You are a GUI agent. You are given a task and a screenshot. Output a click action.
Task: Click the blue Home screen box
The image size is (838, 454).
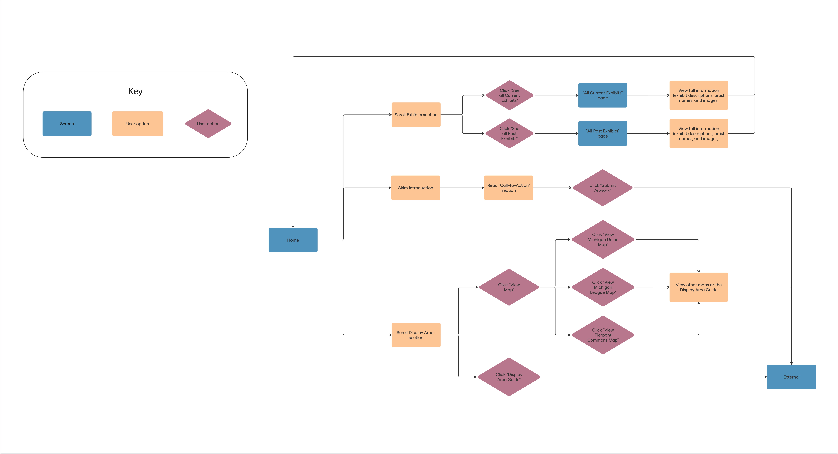coord(293,240)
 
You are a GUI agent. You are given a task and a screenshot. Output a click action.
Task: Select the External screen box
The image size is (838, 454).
coord(791,377)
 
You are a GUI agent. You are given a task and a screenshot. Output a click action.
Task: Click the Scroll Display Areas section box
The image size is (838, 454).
coord(416,335)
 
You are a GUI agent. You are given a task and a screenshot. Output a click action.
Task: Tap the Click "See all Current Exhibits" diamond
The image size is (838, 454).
coord(509,95)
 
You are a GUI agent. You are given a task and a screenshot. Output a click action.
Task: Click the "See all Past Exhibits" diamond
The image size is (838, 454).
coord(509,133)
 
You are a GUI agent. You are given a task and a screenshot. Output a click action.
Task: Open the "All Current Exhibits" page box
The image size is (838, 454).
coord(602,95)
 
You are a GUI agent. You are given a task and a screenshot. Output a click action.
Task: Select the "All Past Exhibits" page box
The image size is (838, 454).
coord(602,133)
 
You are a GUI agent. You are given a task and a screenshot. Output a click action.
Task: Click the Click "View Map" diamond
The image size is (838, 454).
coord(509,287)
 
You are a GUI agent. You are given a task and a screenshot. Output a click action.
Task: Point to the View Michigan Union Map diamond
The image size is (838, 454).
coord(603,239)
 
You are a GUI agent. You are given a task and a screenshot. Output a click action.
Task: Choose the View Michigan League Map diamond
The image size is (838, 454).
coord(603,287)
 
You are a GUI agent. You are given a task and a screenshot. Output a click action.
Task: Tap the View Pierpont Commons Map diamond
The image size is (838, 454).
coord(603,335)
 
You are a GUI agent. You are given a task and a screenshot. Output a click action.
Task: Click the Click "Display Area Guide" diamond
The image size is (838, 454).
coord(509,377)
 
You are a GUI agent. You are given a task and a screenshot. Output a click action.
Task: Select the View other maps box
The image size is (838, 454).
coord(698,287)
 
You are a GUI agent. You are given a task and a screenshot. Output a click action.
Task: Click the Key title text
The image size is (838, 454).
coord(135,91)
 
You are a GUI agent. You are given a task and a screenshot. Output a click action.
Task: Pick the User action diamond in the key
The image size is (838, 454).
coord(208,124)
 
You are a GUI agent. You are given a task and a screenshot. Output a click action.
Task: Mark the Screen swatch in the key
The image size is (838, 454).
coord(67,124)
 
